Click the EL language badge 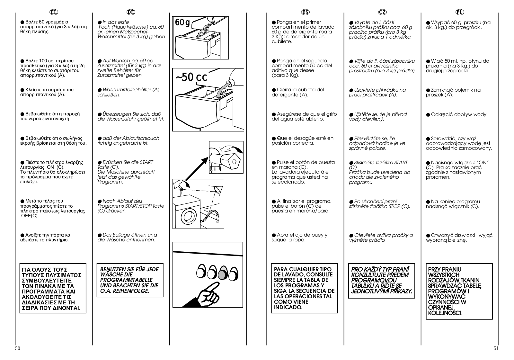click(x=53, y=12)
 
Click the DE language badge click(x=131, y=12)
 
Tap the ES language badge click(x=305, y=12)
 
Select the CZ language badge click(x=382, y=12)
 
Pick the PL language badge click(x=460, y=12)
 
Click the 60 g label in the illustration click(x=182, y=22)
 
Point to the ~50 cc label click(x=191, y=77)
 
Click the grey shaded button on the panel click(x=222, y=274)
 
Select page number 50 click(x=18, y=348)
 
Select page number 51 click(x=496, y=348)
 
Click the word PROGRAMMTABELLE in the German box click(x=126, y=280)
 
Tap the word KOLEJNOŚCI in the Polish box click(x=446, y=313)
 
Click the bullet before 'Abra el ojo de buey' click(x=274, y=235)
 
